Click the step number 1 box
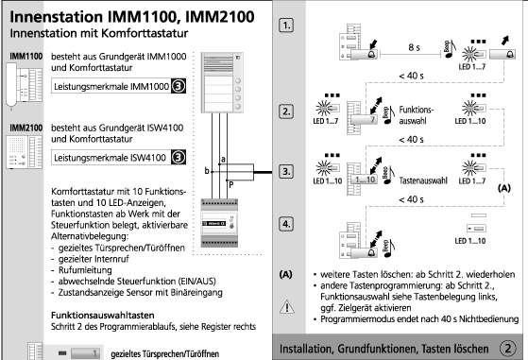(286, 26)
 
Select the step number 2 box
(286, 111)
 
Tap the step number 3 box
(286, 171)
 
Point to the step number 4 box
(286, 224)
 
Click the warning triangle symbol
(287, 307)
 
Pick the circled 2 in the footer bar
(507, 349)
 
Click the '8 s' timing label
(414, 47)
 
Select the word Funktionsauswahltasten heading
(103, 316)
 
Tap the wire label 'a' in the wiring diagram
(223, 159)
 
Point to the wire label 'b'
(207, 171)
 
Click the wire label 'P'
(231, 185)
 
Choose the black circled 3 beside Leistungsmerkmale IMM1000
(179, 86)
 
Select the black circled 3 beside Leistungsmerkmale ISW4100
(179, 157)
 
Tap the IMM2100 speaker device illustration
(25, 152)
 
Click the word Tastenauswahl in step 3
(423, 180)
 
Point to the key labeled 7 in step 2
(364, 120)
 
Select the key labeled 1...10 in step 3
(364, 180)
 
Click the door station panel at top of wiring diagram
(222, 82)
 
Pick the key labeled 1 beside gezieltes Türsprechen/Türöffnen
(86, 353)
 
